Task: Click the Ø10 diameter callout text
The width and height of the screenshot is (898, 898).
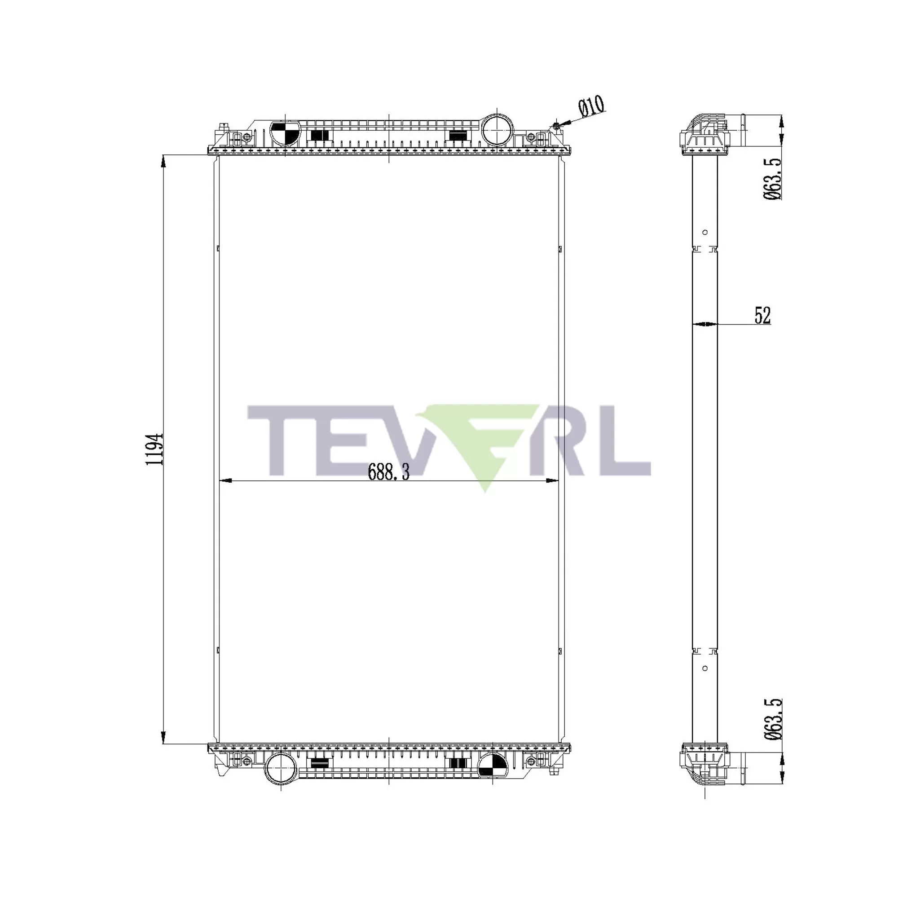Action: [x=591, y=106]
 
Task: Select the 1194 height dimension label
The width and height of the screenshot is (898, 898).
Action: [x=154, y=449]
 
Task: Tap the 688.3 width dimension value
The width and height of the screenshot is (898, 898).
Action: [x=388, y=472]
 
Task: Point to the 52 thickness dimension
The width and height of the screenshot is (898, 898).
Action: [x=762, y=315]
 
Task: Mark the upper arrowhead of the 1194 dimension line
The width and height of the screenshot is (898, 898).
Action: [x=163, y=161]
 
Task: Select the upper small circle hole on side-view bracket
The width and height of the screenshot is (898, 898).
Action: [x=704, y=232]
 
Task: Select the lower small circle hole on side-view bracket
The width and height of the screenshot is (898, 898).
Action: [x=704, y=669]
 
